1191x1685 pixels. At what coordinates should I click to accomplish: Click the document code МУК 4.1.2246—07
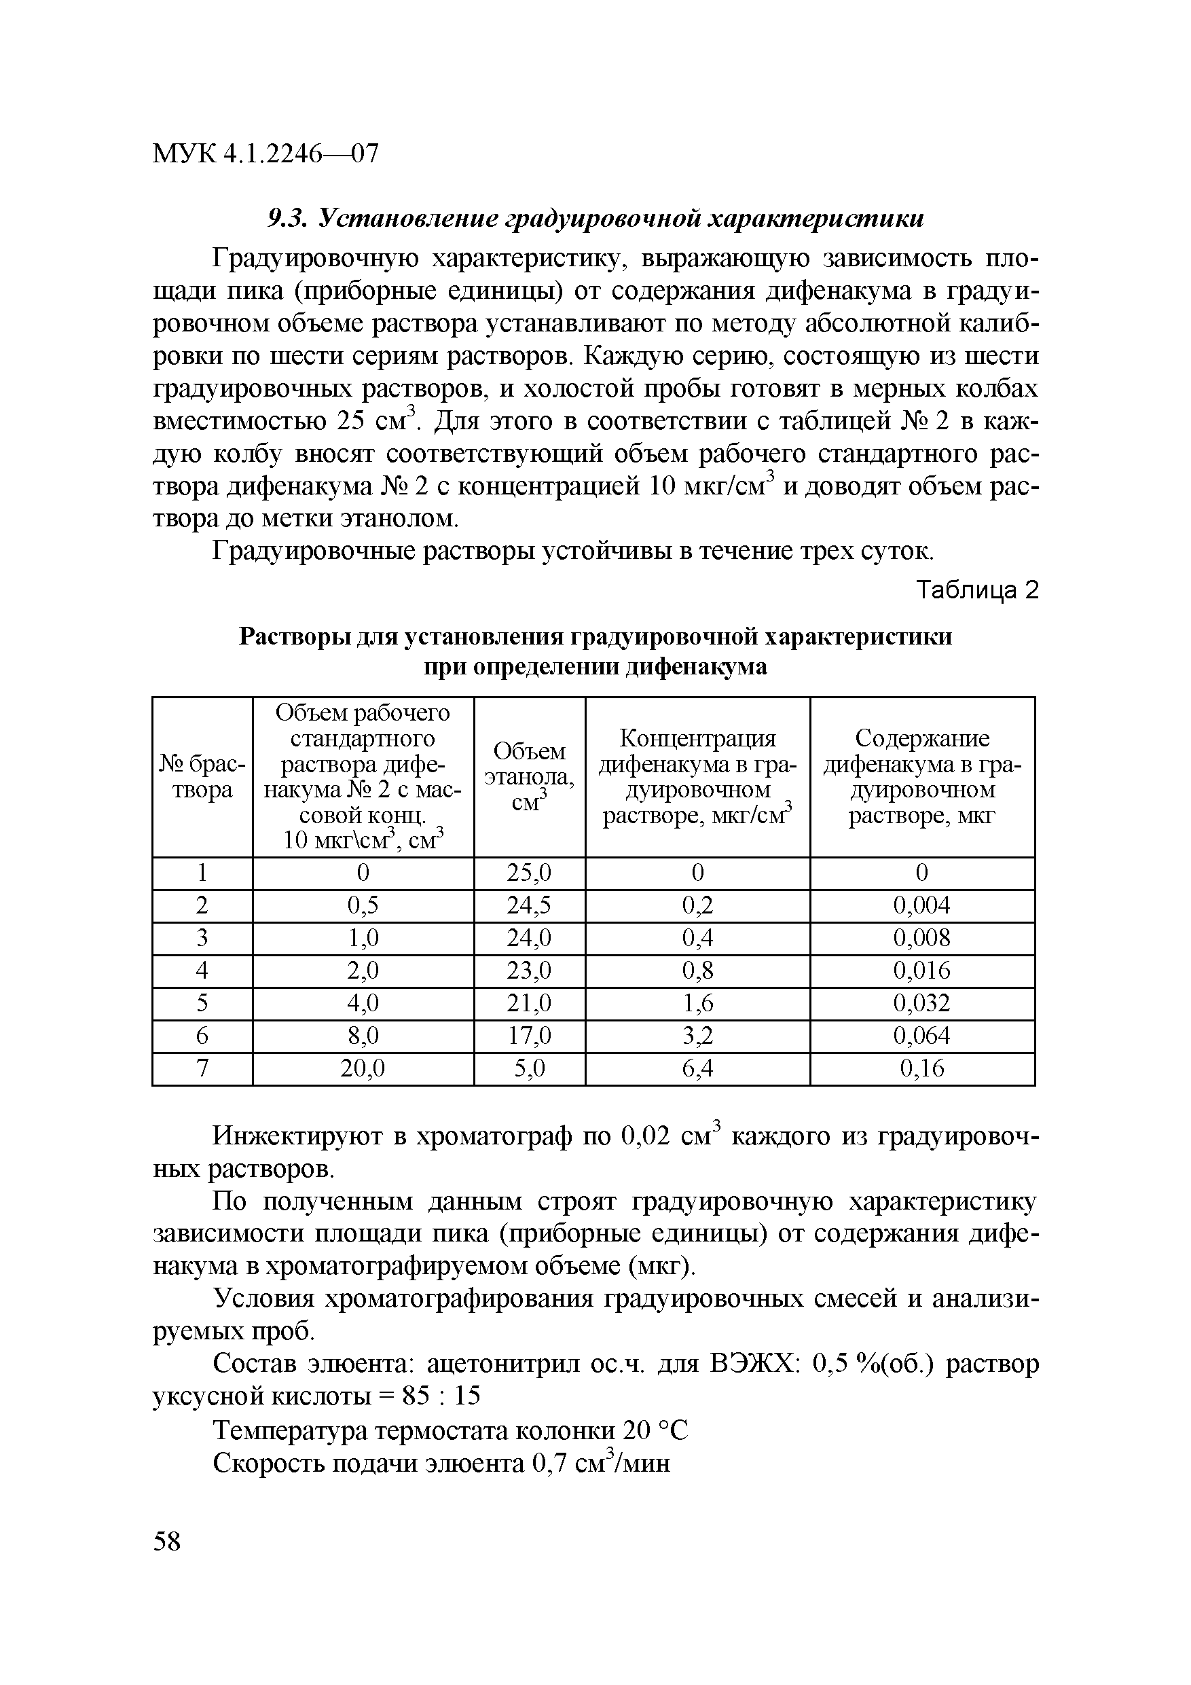[265, 154]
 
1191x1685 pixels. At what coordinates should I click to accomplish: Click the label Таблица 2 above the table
[978, 590]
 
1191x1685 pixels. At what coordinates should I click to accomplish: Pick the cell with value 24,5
[528, 905]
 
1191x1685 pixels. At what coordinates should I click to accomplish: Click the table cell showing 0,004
[921, 905]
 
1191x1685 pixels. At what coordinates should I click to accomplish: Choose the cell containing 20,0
[363, 1068]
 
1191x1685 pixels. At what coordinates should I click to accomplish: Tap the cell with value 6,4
[697, 1068]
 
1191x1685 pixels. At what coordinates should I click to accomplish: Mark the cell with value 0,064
[921, 1036]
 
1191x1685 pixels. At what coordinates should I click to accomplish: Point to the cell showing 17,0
[528, 1036]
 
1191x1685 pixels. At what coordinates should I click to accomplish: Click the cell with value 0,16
[921, 1068]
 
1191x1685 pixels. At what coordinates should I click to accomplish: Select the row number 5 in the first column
[202, 1002]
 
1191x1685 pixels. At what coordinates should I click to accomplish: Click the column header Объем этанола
[529, 776]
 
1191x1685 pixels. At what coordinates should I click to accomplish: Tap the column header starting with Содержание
[921, 776]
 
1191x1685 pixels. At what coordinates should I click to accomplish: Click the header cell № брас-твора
[202, 776]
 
